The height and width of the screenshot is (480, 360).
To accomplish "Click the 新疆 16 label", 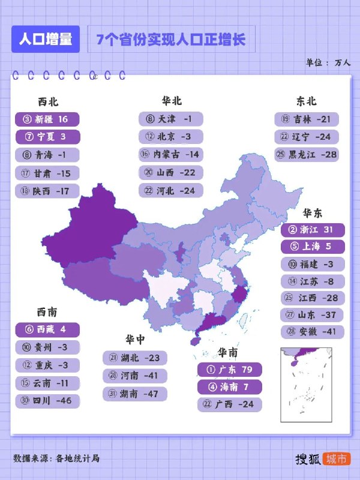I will coord(47,119).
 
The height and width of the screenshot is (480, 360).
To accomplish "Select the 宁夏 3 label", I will coord(47,137).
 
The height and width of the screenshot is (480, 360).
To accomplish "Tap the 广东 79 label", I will coord(229,369).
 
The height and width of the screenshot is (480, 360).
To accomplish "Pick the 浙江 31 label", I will coord(313,230).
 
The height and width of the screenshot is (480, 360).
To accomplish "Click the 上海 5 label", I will coord(313,247).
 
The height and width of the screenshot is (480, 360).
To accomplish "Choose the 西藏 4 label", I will coord(47,329).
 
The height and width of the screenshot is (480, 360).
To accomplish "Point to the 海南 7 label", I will coord(229,387).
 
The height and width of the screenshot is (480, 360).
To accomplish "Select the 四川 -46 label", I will coord(47,400).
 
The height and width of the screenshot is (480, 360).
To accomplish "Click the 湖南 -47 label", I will coord(134,394).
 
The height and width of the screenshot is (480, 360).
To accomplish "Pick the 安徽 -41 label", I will coord(313,332).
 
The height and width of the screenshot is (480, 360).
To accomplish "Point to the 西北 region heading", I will coord(48,102).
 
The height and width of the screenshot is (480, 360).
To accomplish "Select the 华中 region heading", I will coord(135,340).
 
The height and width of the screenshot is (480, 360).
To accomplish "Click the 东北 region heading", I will coord(306,101).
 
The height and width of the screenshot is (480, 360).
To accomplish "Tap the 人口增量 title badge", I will coord(46,40).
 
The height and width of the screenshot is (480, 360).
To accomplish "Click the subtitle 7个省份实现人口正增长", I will coord(171,40).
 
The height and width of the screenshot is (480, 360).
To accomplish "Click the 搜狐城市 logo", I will coord(322,459).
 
